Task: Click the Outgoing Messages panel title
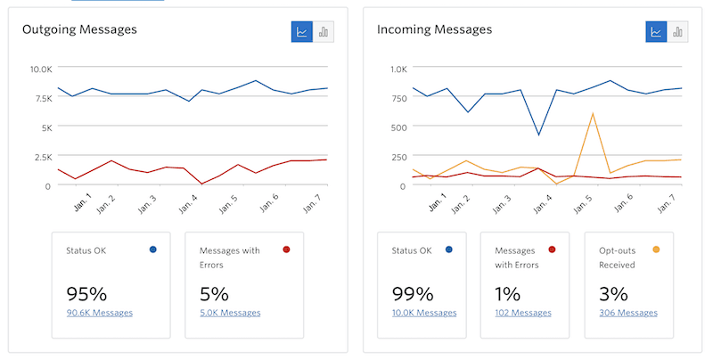79,29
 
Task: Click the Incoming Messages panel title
434,29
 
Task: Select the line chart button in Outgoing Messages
302,32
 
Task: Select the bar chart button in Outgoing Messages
324,32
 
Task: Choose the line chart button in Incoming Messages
657,32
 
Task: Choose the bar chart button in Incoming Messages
678,32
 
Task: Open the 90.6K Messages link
99,313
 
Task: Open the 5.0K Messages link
230,313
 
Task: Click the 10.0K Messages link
424,313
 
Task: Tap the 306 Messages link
628,313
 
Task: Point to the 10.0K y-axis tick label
41,69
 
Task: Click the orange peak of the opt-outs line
593,113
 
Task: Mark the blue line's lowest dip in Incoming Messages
538,135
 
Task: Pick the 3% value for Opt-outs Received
611,293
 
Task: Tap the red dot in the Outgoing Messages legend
286,250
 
